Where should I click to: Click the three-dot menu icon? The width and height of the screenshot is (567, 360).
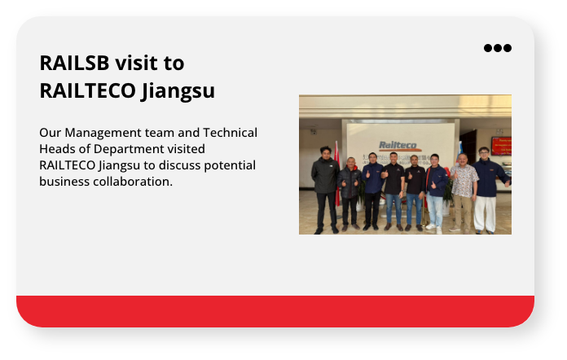pyautogui.click(x=498, y=48)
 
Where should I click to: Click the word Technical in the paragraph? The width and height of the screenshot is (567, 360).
pyautogui.click(x=230, y=133)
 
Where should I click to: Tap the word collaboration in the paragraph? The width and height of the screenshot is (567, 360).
pyautogui.click(x=133, y=182)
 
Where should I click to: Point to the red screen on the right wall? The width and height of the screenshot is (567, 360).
pyautogui.click(x=501, y=146)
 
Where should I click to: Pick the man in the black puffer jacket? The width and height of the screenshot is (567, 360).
pyautogui.click(x=350, y=191)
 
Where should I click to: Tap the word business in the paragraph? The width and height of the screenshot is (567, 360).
pyautogui.click(x=65, y=182)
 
